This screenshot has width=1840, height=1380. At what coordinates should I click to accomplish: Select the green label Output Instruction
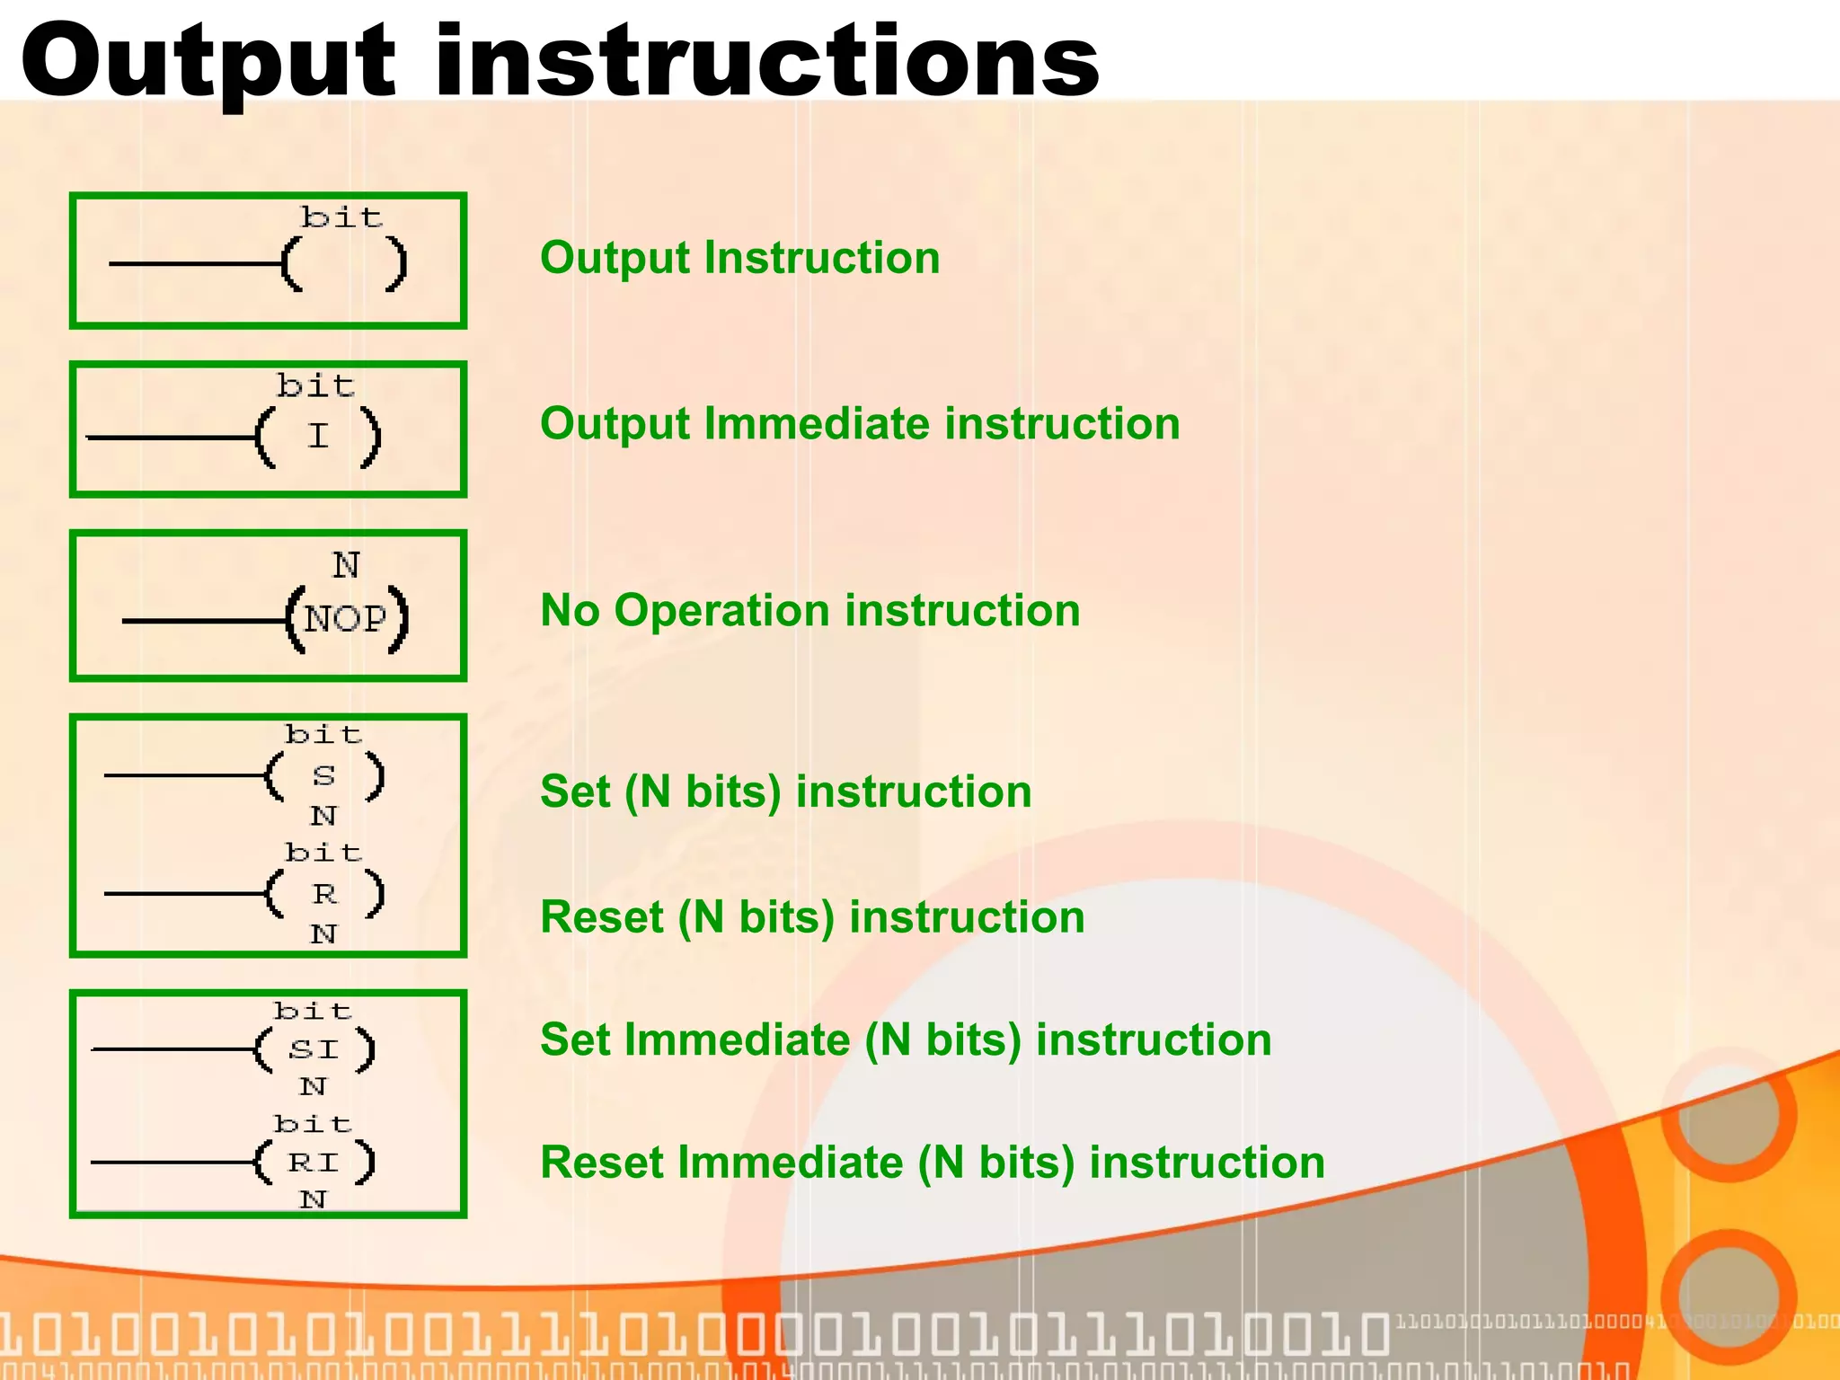point(739,258)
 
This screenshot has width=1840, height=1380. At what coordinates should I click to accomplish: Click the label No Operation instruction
point(809,611)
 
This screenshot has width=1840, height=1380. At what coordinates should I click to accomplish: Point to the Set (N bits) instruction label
point(785,792)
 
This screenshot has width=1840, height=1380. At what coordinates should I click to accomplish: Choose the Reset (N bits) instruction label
point(812,917)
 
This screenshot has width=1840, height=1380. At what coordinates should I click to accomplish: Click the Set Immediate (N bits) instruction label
point(906,1040)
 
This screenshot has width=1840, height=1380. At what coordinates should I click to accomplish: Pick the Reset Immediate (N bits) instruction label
point(932,1163)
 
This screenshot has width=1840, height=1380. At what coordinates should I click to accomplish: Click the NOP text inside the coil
point(345,619)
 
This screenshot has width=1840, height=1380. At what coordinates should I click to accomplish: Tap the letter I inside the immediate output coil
point(318,437)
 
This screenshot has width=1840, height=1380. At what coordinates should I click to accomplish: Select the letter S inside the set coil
point(323,775)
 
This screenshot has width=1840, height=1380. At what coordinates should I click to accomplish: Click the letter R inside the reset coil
point(324,894)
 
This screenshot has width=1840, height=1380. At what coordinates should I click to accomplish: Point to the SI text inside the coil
point(313,1049)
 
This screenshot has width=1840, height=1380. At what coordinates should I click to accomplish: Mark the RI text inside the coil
point(313,1163)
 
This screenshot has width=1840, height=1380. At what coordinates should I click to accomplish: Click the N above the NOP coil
point(346,565)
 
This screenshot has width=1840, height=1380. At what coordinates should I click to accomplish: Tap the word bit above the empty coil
point(341,217)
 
